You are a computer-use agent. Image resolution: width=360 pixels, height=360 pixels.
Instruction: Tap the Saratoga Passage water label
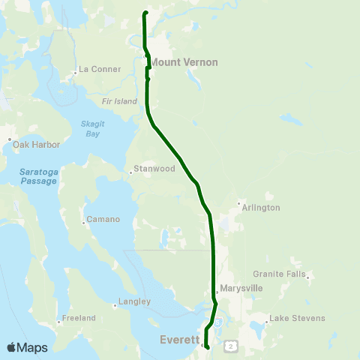[37, 176]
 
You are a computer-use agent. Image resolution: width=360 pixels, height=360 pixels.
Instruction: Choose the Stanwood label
[154, 169]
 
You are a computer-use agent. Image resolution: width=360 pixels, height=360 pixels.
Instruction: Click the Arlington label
[262, 207]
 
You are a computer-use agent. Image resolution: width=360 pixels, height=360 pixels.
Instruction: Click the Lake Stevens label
[297, 319]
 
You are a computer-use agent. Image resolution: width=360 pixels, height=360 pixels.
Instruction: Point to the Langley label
[134, 301]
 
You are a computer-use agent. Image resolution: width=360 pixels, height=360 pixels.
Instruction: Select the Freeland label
[79, 318]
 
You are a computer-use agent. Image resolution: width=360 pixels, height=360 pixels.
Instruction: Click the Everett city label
[179, 340]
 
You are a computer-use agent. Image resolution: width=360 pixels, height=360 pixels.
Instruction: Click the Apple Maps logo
[27, 347]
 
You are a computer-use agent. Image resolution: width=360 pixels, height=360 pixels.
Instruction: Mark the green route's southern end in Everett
[207, 346]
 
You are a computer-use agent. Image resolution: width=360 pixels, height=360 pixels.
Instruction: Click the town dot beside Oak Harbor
[9, 139]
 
